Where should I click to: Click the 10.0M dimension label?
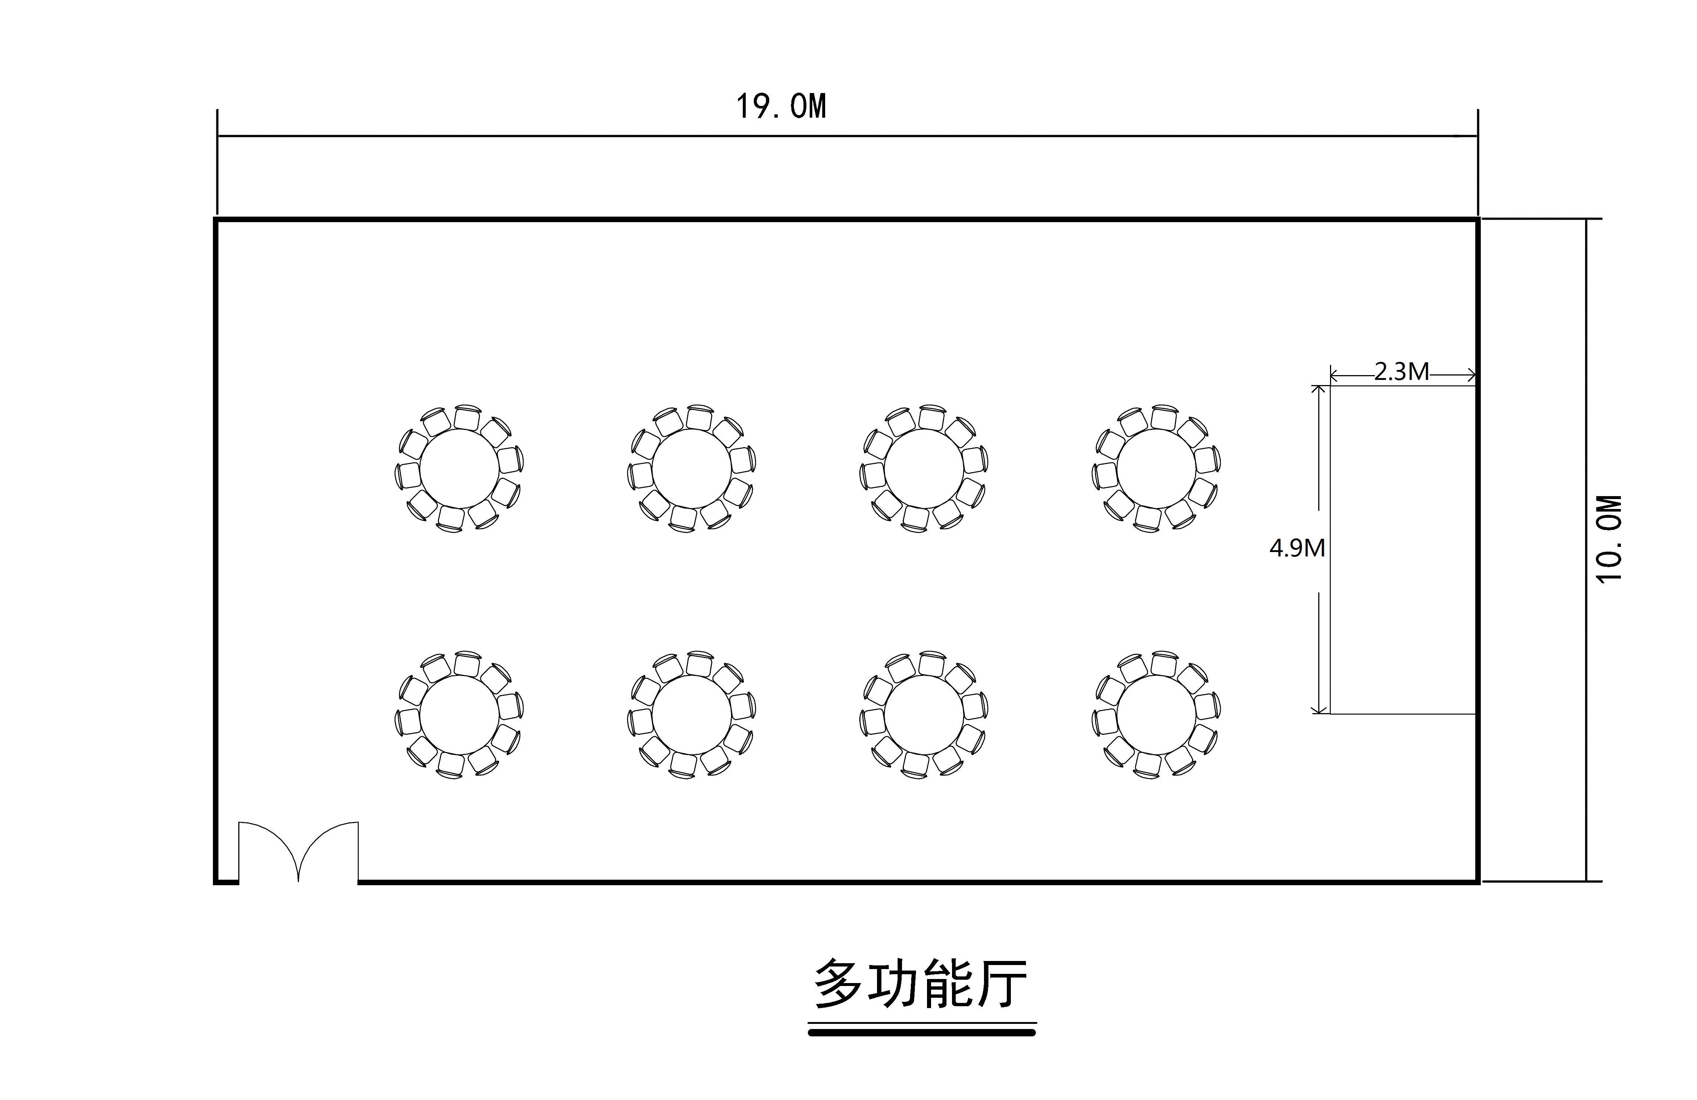(1609, 538)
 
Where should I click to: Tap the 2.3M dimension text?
(1401, 372)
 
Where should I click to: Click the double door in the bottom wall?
(298, 852)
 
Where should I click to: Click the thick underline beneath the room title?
(921, 1032)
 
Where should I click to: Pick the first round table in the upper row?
(459, 469)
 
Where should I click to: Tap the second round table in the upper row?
(691, 469)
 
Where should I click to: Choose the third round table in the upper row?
(923, 469)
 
